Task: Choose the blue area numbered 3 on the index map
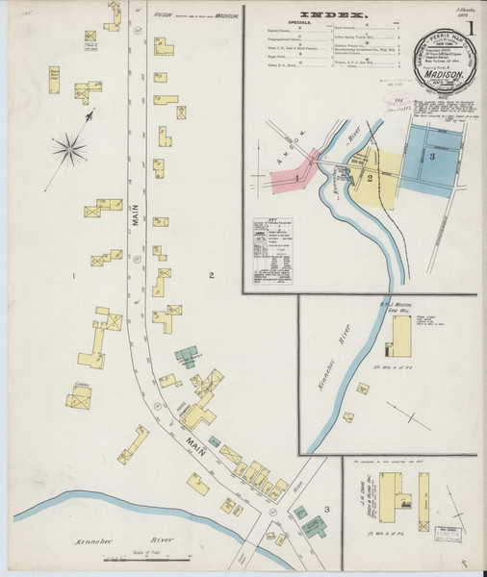pyautogui.click(x=432, y=155)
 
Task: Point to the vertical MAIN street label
pyautogui.click(x=136, y=232)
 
